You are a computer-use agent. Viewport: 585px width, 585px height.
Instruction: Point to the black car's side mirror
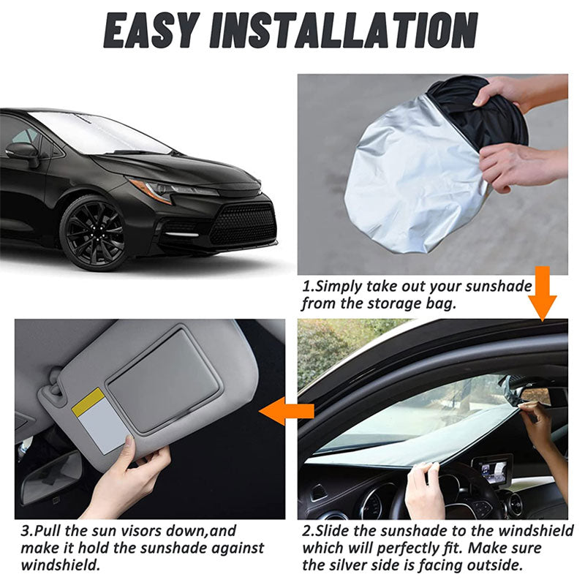(23, 151)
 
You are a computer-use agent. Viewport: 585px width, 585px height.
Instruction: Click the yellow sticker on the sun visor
(88, 401)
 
